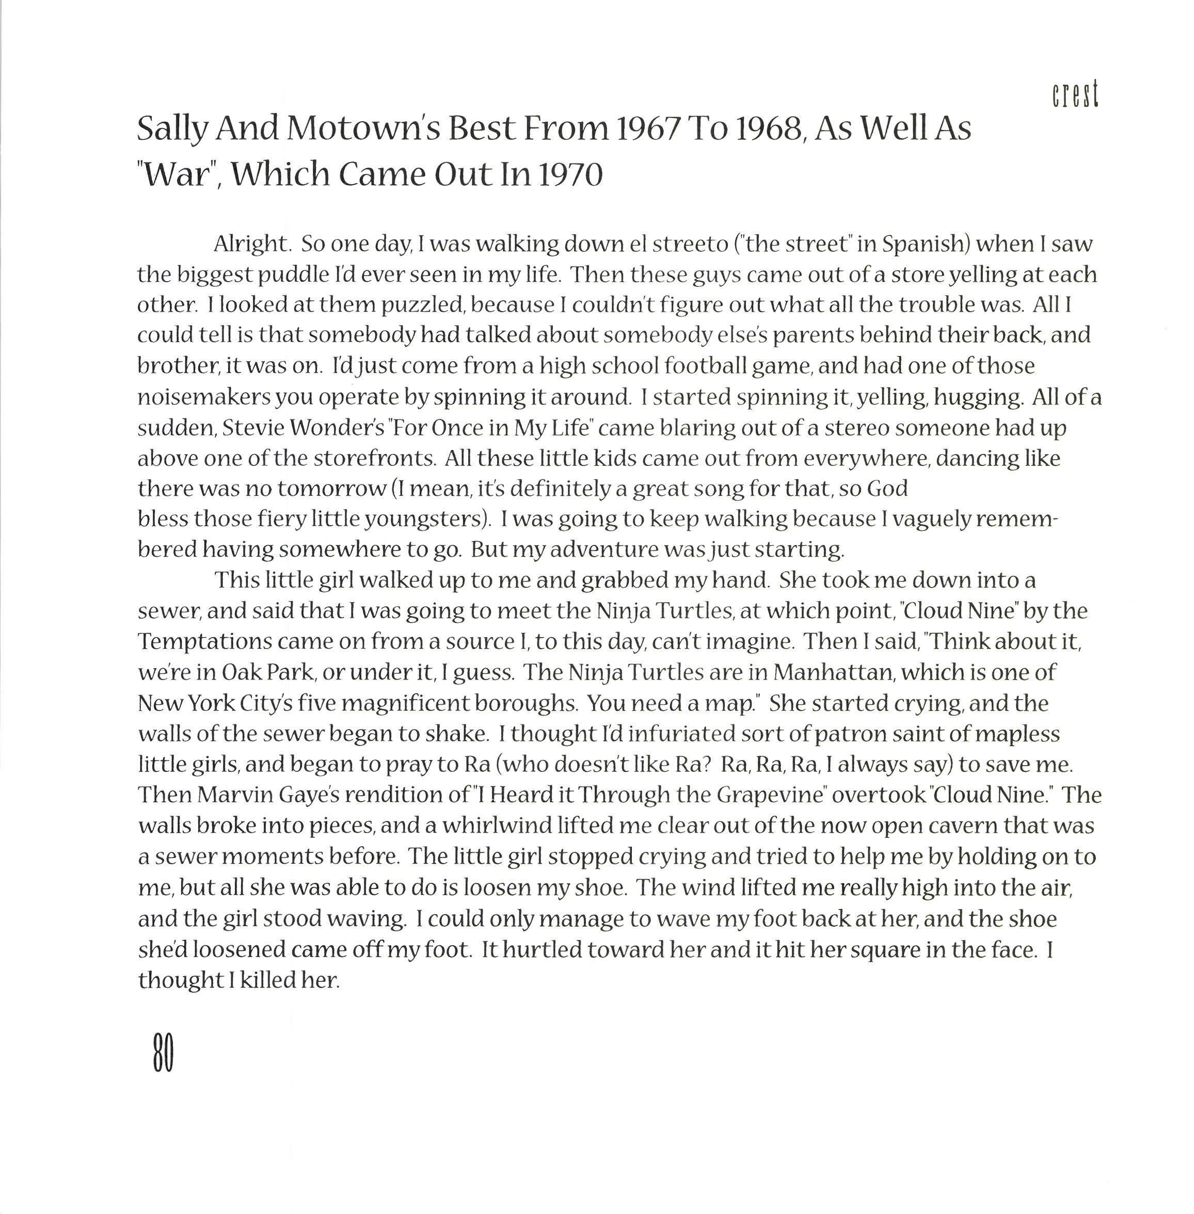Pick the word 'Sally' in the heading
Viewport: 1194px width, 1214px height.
point(172,130)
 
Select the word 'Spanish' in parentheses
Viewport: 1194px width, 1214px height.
point(922,244)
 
